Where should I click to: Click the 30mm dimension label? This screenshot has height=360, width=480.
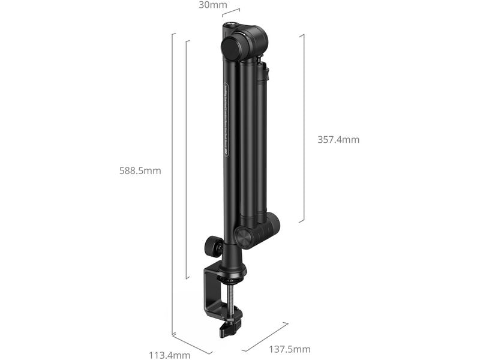click(x=213, y=5)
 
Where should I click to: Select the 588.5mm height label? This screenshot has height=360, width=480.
click(x=140, y=170)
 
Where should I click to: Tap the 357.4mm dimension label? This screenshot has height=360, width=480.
click(x=338, y=140)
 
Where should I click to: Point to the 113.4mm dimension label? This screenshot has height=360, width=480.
click(x=169, y=355)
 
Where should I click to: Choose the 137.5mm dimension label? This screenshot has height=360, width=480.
click(x=290, y=349)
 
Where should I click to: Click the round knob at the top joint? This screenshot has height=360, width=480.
click(x=233, y=47)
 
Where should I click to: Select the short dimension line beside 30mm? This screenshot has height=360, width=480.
click(x=231, y=11)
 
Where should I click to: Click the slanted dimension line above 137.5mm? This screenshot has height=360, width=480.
click(x=265, y=337)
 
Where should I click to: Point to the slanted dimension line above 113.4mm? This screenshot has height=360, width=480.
click(x=192, y=343)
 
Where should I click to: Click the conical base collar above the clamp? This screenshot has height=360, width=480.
click(x=232, y=264)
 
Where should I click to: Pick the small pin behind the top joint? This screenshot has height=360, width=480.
click(x=260, y=60)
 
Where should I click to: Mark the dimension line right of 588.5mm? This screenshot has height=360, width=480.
click(x=187, y=159)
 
